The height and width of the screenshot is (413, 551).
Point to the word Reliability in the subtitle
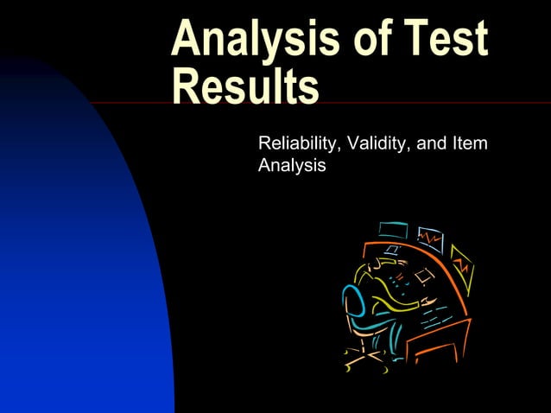click(298, 142)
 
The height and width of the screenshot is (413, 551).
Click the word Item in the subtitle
click(471, 142)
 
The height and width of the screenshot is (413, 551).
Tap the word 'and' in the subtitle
click(431, 142)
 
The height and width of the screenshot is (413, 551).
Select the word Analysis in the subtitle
click(292, 164)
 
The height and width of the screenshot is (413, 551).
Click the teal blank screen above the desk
click(393, 231)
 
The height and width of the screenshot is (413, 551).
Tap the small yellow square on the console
click(423, 276)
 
